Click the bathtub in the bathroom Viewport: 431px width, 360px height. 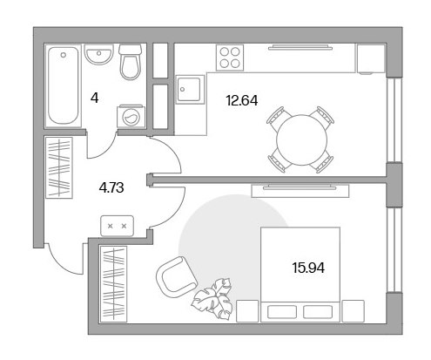pos(63,85)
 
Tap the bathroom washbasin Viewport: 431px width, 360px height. pos(98,54)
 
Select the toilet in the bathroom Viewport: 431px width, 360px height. pos(130,62)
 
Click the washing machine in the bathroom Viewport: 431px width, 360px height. pos(131,116)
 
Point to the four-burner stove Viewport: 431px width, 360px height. pos(230,58)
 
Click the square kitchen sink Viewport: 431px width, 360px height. pos(189,89)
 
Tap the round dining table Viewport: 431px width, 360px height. pos(301,140)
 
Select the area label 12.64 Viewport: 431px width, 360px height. pos(242,101)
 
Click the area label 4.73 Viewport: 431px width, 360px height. pos(111,187)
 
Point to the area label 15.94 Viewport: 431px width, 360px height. pos(308,268)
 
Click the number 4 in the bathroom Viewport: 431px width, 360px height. pos(95,98)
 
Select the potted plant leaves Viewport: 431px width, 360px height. pos(213,299)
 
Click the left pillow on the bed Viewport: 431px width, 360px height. pos(282,312)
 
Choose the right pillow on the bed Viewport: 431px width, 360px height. pos(318,312)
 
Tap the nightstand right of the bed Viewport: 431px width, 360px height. pos(354,311)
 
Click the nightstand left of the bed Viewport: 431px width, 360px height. pos(247,311)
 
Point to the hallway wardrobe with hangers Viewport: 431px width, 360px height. pos(59,168)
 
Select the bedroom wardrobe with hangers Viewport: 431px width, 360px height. pos(113,284)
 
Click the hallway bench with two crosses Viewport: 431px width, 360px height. pos(117,226)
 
